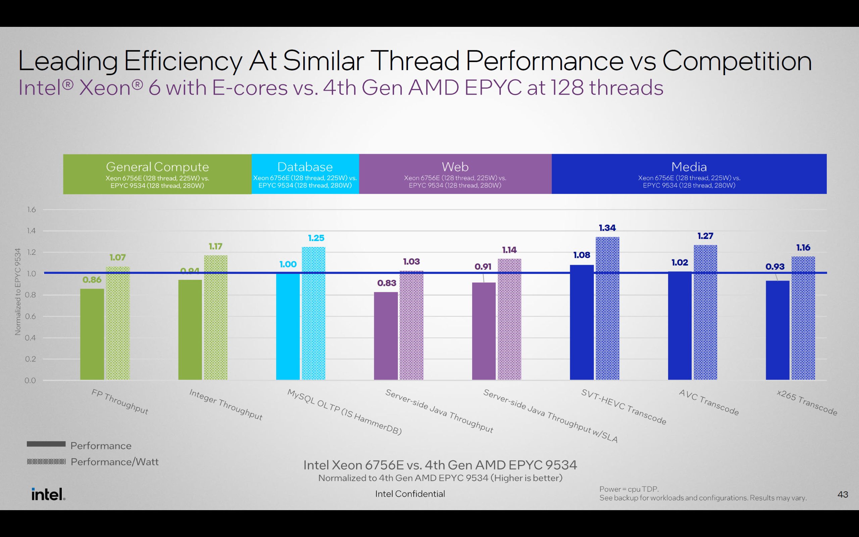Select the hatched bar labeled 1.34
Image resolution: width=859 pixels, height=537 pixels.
607,308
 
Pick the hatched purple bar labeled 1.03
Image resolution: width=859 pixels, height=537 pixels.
411,325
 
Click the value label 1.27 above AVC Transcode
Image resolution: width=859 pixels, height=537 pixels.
705,236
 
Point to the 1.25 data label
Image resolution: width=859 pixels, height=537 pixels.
316,238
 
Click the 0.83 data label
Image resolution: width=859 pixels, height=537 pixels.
387,283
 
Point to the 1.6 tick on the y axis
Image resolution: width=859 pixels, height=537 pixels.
31,209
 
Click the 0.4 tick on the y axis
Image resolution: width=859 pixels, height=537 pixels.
31,338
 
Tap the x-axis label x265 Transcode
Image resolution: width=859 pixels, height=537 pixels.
806,402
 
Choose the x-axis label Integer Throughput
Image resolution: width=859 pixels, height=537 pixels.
226,404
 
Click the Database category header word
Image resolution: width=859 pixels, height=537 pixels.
305,166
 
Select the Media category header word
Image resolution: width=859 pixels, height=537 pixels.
689,166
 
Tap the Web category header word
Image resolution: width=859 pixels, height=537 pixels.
455,166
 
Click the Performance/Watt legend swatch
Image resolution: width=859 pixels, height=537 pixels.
46,462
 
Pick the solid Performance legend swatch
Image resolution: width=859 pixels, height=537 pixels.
46,444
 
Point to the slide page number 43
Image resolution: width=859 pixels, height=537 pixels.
843,494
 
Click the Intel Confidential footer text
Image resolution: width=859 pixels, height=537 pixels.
410,494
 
